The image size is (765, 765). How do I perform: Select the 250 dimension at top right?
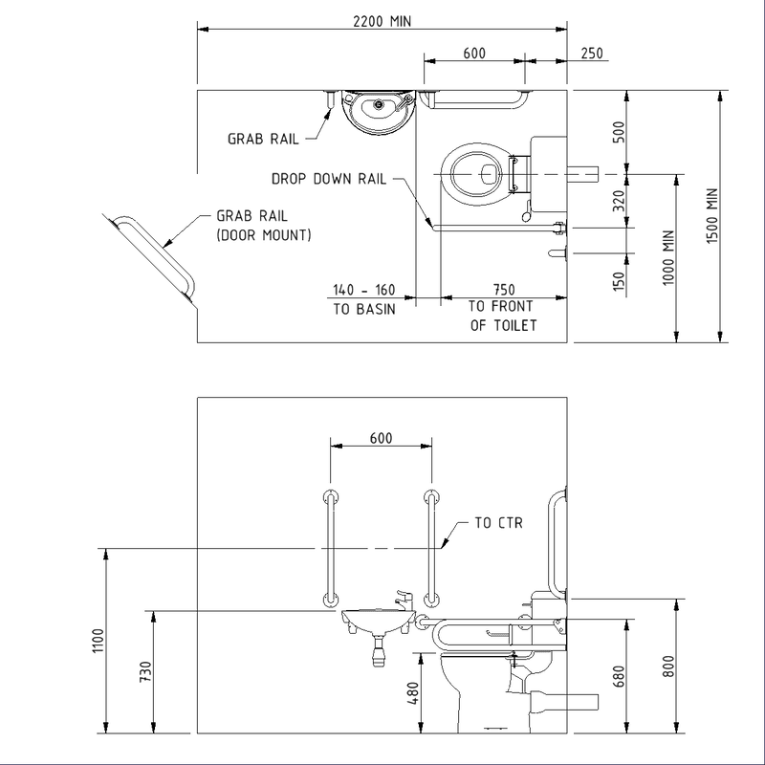coord(591,54)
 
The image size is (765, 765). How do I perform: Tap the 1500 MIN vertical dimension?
coord(710,215)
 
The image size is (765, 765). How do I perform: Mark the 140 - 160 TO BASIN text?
coord(363,298)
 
